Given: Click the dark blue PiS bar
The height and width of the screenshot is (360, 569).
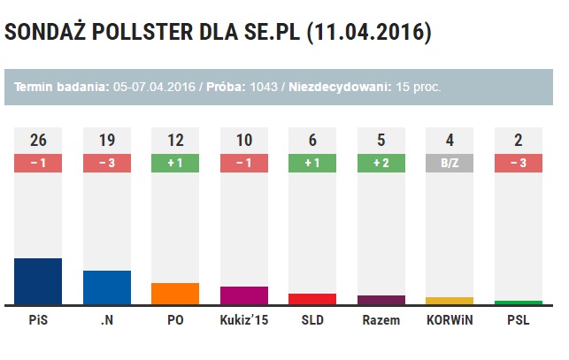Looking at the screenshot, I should (x=38, y=281).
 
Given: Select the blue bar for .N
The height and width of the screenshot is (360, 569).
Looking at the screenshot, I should (x=106, y=287).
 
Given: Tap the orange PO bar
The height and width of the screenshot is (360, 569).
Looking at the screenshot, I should (x=175, y=294).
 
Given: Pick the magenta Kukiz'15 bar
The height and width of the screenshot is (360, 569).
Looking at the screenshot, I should (x=243, y=295).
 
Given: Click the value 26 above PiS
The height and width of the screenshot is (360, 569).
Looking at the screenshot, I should (x=38, y=140).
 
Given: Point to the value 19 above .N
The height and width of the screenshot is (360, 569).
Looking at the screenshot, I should (x=106, y=140).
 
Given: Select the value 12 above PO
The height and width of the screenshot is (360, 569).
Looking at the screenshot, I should (x=175, y=140).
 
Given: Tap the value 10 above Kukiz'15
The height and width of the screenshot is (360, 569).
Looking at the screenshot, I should (x=243, y=140).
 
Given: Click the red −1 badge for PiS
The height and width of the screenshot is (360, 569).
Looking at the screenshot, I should (x=38, y=163).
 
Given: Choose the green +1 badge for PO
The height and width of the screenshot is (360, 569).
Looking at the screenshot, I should (x=175, y=163).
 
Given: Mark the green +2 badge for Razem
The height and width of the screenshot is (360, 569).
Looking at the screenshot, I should (x=381, y=163).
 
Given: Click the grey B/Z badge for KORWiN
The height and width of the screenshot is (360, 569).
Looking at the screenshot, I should (x=450, y=163).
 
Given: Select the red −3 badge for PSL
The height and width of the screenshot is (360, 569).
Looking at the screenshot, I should (x=519, y=163).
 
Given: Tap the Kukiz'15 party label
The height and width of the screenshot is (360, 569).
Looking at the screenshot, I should (x=243, y=321).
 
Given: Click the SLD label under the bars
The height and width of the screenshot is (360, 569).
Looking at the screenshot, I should (x=312, y=321).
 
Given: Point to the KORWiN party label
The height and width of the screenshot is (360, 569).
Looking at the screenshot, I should (x=450, y=321).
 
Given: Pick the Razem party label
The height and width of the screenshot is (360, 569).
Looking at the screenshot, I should (x=381, y=321).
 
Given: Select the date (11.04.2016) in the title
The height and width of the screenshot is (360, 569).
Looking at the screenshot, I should (x=369, y=33).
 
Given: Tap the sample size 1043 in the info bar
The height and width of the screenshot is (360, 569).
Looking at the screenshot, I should (x=264, y=87).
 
